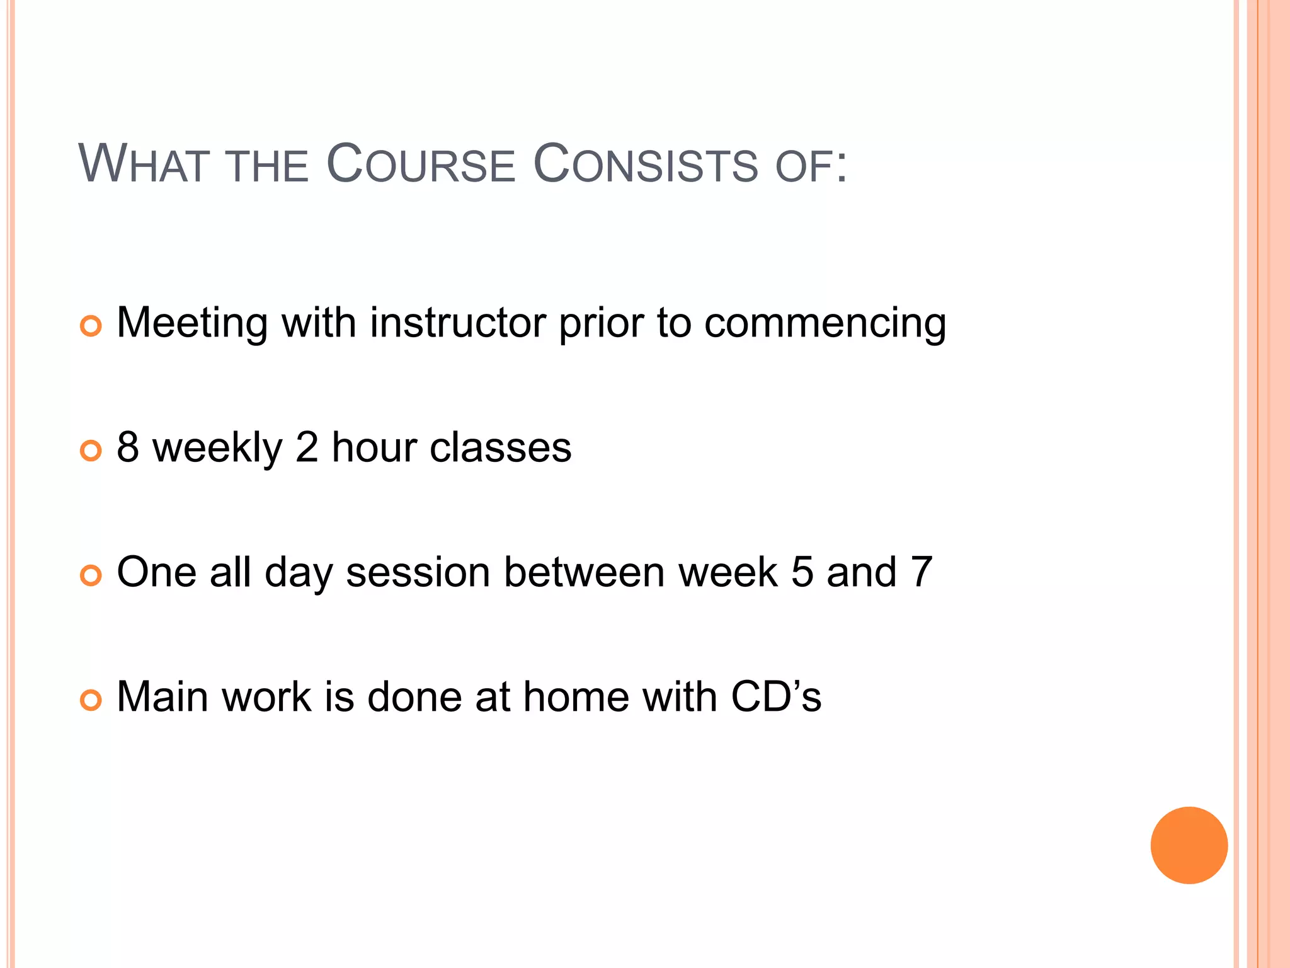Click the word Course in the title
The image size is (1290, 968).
tap(421, 164)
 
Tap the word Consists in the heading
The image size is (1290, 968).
tap(646, 164)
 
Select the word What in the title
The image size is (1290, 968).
tap(142, 164)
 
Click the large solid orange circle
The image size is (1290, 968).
tap(1189, 845)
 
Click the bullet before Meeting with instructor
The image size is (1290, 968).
tap(91, 326)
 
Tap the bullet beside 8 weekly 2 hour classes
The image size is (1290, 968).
tap(91, 451)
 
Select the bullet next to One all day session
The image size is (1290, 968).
tap(91, 575)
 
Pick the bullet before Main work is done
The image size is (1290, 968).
tap(91, 700)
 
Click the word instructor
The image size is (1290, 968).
tap(459, 323)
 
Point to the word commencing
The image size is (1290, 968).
tap(825, 324)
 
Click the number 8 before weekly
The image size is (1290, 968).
tap(128, 447)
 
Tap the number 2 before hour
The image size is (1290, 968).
tap(307, 447)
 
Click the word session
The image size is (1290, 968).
tap(418, 572)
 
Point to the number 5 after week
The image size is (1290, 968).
tap(802, 572)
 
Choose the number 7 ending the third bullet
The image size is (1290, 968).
tap(921, 572)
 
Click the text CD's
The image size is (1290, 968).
tap(776, 697)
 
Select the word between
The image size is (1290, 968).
tap(585, 572)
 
